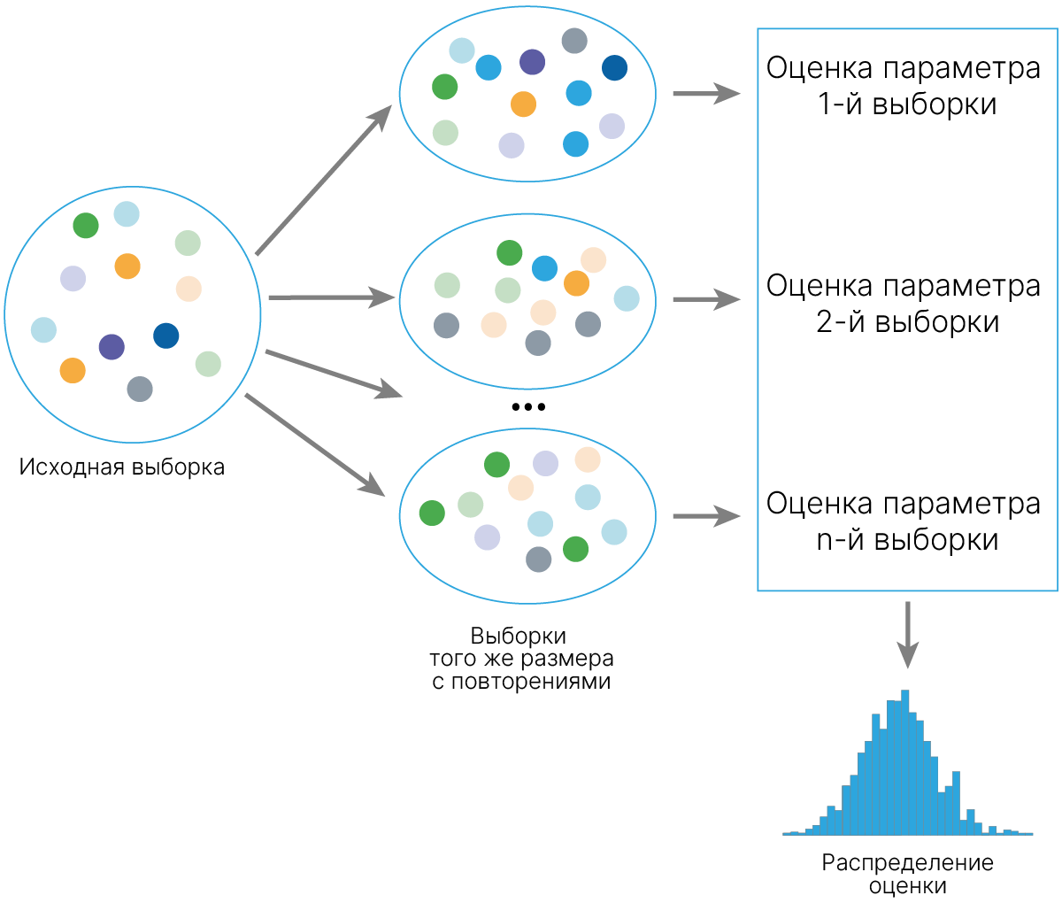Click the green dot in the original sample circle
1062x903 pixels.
(86, 225)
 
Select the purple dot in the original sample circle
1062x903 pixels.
(112, 346)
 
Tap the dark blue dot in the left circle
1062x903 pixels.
(166, 336)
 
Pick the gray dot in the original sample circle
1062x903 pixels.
(140, 389)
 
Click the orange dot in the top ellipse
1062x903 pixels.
(523, 104)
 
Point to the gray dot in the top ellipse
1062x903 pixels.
(573, 41)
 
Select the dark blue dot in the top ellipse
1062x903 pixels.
(614, 67)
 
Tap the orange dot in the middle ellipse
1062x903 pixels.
(576, 283)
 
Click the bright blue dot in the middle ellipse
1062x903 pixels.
(544, 268)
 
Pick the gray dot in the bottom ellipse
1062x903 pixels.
(538, 560)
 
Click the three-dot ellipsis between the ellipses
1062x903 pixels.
(528, 407)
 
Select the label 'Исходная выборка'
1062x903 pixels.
(122, 467)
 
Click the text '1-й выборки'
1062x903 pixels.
(907, 104)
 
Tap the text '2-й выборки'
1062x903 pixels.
(907, 321)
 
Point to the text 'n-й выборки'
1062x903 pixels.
(907, 540)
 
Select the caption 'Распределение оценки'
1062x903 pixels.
(907, 873)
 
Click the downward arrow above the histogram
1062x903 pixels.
(907, 635)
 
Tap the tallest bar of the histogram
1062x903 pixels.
(904, 762)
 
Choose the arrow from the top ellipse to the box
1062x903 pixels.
(706, 94)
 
